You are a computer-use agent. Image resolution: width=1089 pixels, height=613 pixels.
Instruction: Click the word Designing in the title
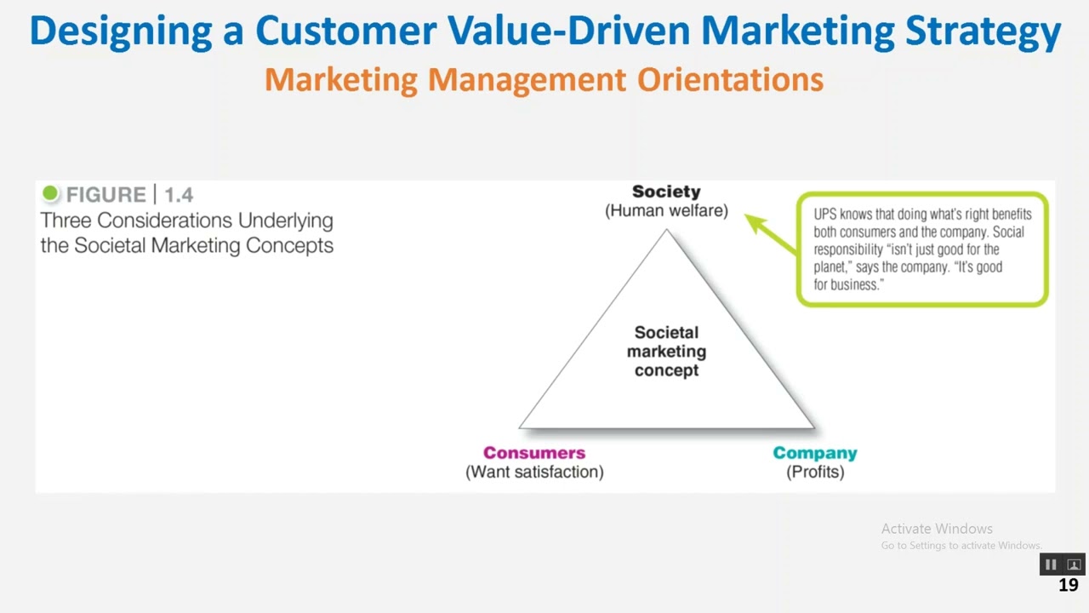pyautogui.click(x=120, y=31)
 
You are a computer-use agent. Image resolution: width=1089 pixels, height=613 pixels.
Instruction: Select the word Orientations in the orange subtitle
pyautogui.click(x=730, y=79)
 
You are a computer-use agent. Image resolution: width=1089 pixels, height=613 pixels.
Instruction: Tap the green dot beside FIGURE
pyautogui.click(x=50, y=194)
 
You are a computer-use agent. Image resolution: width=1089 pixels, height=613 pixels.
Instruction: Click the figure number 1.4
pyautogui.click(x=179, y=195)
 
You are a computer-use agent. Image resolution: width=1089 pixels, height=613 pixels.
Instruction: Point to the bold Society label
pyautogui.click(x=666, y=192)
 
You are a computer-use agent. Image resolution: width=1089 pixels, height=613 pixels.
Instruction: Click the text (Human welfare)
pyautogui.click(x=666, y=210)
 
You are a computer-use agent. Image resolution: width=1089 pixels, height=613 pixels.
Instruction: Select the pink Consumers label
pyautogui.click(x=534, y=453)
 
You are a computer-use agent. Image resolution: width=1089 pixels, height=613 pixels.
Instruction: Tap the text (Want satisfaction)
pyautogui.click(x=534, y=472)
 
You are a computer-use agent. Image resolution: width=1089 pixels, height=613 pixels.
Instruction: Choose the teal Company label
pyautogui.click(x=814, y=453)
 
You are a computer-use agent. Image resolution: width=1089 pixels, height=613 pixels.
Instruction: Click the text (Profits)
pyautogui.click(x=815, y=472)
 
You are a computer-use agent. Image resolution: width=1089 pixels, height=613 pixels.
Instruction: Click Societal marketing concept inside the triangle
pyautogui.click(x=666, y=351)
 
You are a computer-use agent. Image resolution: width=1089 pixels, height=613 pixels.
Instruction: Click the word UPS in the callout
pyautogui.click(x=824, y=215)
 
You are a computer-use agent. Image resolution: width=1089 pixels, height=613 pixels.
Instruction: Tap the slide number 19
pyautogui.click(x=1069, y=585)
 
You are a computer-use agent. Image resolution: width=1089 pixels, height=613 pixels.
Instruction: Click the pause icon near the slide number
pyautogui.click(x=1051, y=564)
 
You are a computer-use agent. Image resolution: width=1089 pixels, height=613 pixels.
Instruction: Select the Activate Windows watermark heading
pyautogui.click(x=937, y=529)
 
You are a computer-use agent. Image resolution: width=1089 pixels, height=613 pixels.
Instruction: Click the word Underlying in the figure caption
pyautogui.click(x=285, y=221)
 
